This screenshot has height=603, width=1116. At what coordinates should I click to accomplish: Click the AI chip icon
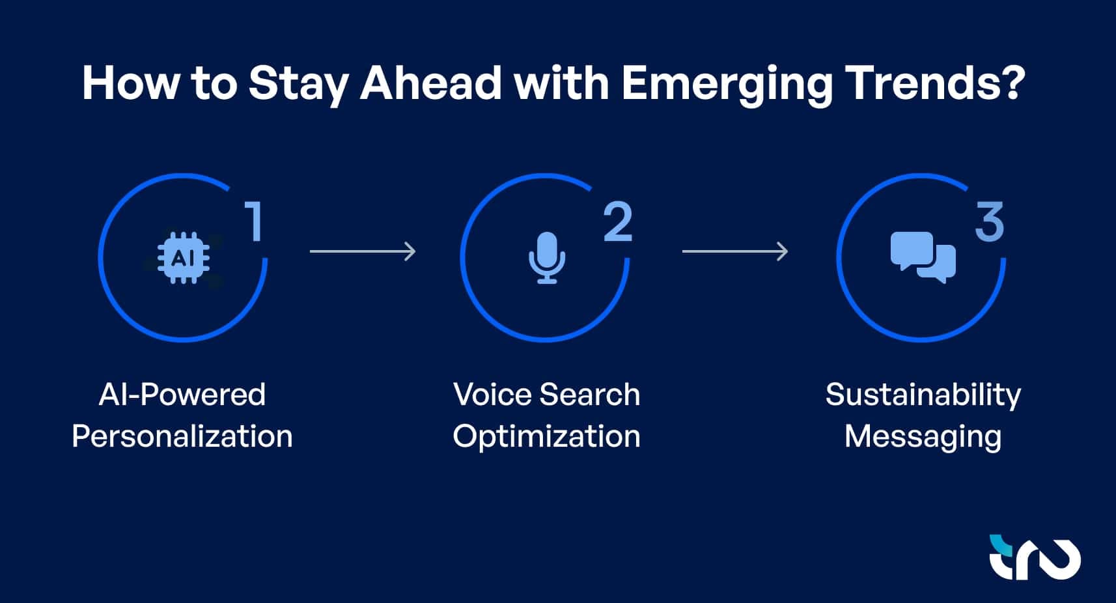point(184,258)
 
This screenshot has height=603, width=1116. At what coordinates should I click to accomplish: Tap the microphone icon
point(546,258)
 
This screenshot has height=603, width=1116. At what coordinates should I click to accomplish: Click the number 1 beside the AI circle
point(254,221)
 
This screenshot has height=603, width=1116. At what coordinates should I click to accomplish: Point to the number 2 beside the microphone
point(617,222)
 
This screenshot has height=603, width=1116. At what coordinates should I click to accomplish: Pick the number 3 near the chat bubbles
point(989,222)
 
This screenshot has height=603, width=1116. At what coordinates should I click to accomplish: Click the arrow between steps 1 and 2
point(363,251)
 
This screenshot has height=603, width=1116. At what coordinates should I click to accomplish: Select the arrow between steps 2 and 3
point(735,251)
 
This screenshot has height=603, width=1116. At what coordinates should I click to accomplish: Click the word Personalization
point(182,436)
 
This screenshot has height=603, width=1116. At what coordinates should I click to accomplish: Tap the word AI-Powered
point(182,395)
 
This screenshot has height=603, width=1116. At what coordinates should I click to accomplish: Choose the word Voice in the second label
point(492,395)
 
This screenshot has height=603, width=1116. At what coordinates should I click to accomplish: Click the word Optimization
point(546,436)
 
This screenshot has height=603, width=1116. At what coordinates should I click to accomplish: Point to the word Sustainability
point(923,395)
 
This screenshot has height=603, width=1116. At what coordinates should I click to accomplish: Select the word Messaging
point(923,436)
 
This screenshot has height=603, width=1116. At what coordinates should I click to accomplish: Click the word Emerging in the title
point(727,83)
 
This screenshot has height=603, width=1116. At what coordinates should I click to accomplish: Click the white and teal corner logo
point(1034,557)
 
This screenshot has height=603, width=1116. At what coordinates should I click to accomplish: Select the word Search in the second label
point(590,395)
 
